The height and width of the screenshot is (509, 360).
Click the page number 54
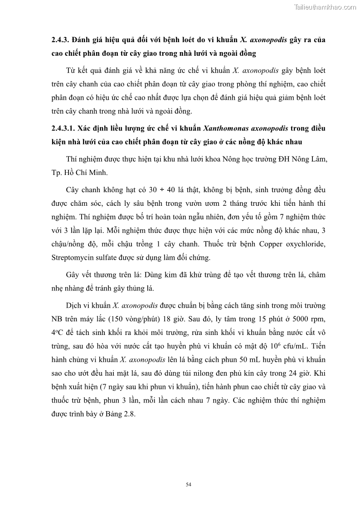tap(189, 485)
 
